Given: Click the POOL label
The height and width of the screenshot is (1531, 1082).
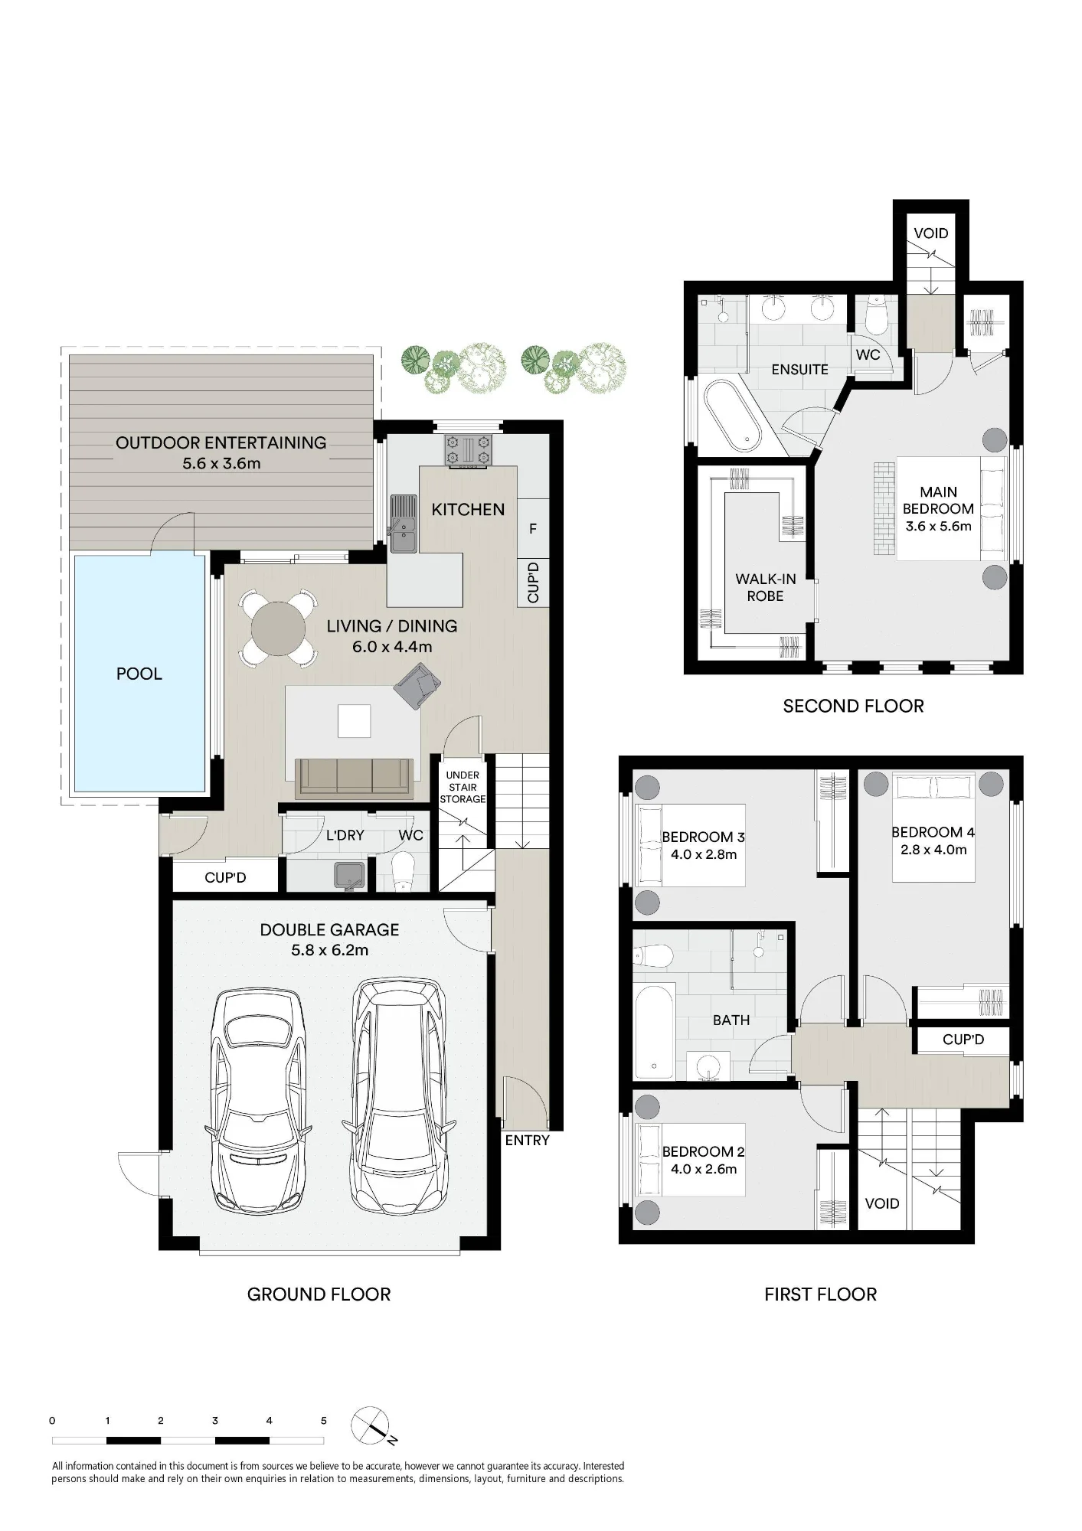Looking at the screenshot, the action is click(139, 674).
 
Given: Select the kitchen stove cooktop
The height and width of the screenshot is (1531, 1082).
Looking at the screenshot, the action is click(469, 450).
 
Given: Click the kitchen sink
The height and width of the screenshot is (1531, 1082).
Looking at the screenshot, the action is click(403, 524).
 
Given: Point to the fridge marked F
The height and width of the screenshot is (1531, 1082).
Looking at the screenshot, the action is click(533, 529).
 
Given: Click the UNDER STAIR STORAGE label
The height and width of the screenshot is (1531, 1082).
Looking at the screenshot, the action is click(463, 787).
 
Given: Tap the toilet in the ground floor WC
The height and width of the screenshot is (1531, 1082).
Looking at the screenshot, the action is click(401, 873).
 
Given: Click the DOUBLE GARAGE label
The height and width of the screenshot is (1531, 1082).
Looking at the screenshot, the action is click(329, 929).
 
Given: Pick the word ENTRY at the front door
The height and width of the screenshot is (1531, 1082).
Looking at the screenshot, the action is click(527, 1141).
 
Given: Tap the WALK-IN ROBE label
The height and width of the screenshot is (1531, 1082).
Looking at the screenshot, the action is click(765, 588).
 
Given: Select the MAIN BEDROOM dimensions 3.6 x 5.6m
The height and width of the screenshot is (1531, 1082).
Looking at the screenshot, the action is click(938, 526).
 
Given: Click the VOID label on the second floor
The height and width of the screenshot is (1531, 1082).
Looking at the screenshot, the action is click(930, 233).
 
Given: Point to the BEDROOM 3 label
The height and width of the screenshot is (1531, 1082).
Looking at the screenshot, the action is click(703, 837).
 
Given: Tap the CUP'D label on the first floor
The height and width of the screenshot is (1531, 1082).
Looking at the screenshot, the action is click(963, 1040).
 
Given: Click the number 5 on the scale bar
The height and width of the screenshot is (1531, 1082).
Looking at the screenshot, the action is click(323, 1421).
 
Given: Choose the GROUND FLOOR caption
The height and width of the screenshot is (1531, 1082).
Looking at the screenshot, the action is click(319, 1294).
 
